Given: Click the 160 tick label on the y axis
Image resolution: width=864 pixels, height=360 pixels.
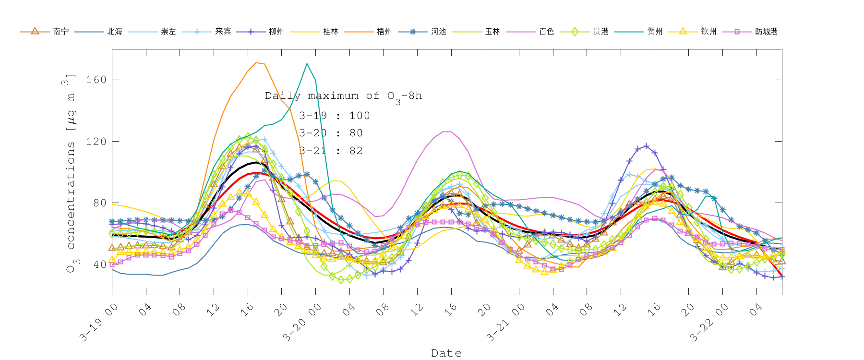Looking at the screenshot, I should (x=96, y=80).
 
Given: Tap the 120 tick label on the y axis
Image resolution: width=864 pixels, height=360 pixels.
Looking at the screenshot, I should (x=96, y=142).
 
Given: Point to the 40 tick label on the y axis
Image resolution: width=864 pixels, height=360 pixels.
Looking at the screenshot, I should (x=99, y=264).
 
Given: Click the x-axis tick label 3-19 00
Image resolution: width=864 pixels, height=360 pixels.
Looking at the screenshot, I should (x=98, y=323).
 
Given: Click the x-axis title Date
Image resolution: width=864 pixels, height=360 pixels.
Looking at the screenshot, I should (x=446, y=353).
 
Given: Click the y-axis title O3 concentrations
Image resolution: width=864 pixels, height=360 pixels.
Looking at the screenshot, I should (x=71, y=173).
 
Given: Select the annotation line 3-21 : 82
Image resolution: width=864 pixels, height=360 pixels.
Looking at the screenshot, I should (x=331, y=151).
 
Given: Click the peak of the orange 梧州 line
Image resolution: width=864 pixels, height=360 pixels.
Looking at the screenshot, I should (x=257, y=62).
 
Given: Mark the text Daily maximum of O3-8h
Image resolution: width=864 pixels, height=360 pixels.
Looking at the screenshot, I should (x=343, y=96).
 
